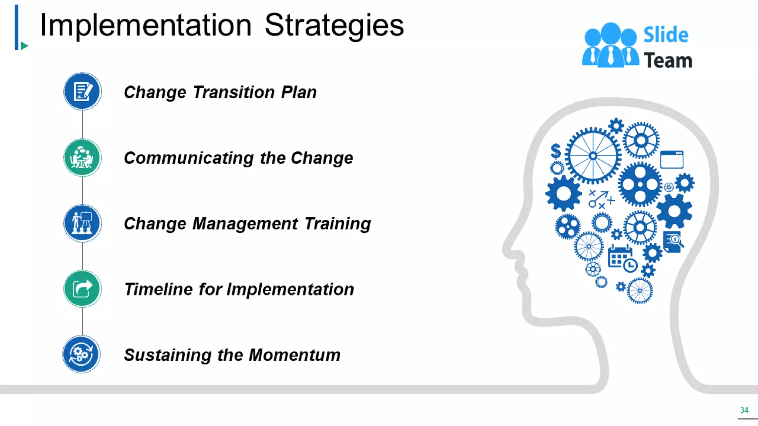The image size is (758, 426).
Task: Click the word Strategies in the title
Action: [x=334, y=25]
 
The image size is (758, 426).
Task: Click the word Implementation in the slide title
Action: [x=146, y=25]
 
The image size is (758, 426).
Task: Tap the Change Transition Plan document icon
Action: [x=82, y=91]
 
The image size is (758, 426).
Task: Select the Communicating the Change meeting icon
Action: [x=82, y=158]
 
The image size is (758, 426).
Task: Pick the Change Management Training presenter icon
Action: [x=82, y=223]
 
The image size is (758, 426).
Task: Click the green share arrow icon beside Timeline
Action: [x=82, y=289]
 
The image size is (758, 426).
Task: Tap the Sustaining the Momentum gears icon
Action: [x=81, y=354]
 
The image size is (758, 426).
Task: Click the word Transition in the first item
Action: [x=234, y=92]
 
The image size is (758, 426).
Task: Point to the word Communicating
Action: [x=189, y=158]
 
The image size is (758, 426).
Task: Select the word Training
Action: [x=338, y=224]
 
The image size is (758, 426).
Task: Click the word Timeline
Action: [x=158, y=289]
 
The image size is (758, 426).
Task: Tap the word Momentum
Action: [x=294, y=355]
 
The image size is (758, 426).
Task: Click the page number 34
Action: [x=744, y=410]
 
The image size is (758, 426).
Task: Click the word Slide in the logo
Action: [x=665, y=35]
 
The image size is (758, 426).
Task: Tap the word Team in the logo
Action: [x=668, y=60]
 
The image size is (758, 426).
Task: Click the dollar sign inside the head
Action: [x=556, y=151]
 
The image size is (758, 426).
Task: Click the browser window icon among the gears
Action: [x=672, y=159]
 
